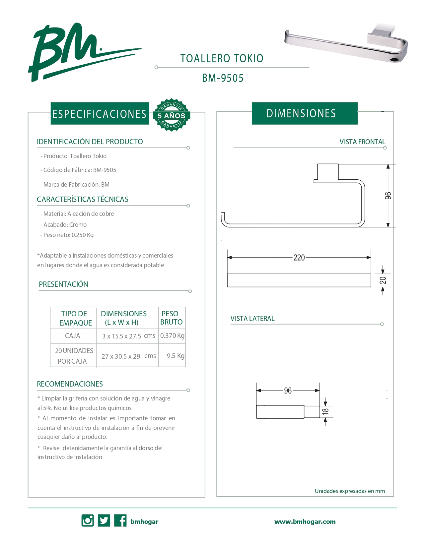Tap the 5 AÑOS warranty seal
pyautogui.click(x=171, y=115)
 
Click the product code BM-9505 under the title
pyautogui.click(x=223, y=78)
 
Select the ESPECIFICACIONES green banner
pyautogui.click(x=100, y=114)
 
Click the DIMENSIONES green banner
pyautogui.click(x=304, y=113)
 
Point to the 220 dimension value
pyautogui.click(x=299, y=258)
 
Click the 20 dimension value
pyautogui.click(x=383, y=280)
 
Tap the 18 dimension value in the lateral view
pyautogui.click(x=325, y=411)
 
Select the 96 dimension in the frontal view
pyautogui.click(x=388, y=196)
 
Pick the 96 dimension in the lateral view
pyautogui.click(x=288, y=391)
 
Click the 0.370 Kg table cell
pyautogui.click(x=172, y=335)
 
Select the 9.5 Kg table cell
pyautogui.click(x=176, y=356)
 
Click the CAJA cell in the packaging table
pyautogui.click(x=73, y=336)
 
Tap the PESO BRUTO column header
pyautogui.click(x=171, y=318)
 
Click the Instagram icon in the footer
pyautogui.click(x=88, y=520)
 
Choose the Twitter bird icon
pyautogui.click(x=104, y=520)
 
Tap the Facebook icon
pyautogui.click(x=120, y=520)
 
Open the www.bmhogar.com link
pyautogui.click(x=305, y=521)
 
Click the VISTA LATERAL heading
pyautogui.click(x=252, y=319)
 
